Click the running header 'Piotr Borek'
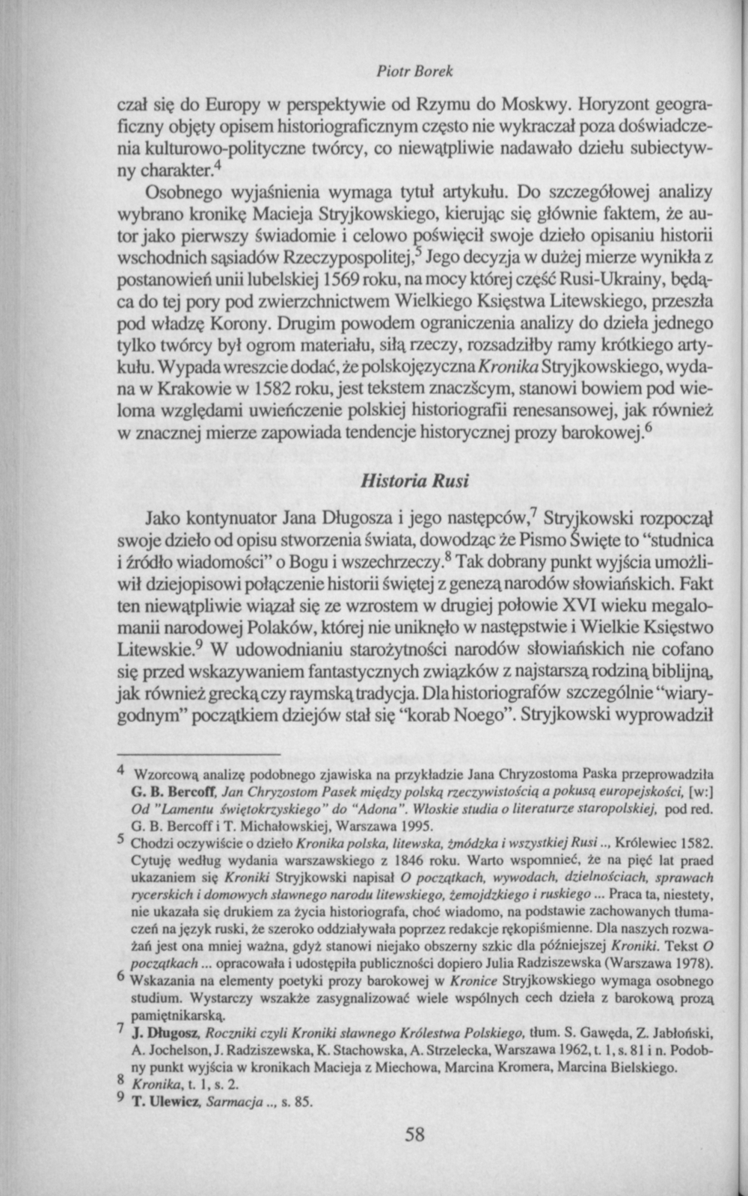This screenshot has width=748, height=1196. click(x=416, y=73)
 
